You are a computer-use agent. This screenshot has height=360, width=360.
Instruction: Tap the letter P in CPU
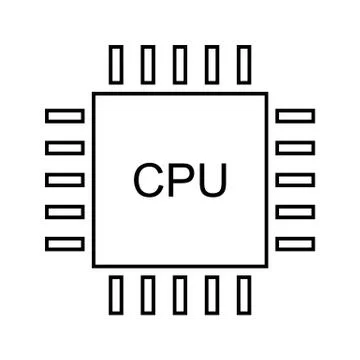point(181,180)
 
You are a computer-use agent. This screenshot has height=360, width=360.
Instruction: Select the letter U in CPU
point(211,180)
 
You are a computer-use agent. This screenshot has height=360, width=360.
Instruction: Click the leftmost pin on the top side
point(116,63)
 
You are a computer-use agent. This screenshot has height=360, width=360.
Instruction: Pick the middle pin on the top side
point(180,63)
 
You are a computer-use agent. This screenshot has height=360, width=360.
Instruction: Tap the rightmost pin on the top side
point(243,63)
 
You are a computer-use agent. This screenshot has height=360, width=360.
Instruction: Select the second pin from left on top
point(148,63)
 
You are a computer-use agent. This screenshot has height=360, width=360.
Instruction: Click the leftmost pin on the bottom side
point(116,296)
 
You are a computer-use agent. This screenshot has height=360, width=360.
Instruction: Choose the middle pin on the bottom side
point(180,296)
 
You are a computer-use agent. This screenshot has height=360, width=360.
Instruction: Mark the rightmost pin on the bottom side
point(243,296)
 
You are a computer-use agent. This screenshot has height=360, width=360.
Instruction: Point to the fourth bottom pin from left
point(212,296)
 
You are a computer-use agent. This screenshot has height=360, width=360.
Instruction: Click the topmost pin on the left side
point(65,115)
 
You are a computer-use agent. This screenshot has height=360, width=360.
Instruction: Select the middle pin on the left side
point(65,179)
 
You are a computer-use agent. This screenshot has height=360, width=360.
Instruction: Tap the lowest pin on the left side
point(65,243)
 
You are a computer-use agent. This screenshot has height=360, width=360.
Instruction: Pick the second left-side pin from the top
point(65,147)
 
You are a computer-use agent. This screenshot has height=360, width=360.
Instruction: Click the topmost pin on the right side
point(295,115)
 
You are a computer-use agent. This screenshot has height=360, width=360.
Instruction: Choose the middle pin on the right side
point(295,179)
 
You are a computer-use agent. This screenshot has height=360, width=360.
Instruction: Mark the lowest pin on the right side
point(295,243)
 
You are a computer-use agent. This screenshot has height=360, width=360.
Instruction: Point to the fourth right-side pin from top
point(295,211)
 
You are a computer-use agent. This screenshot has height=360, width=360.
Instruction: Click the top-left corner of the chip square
point(94,94)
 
